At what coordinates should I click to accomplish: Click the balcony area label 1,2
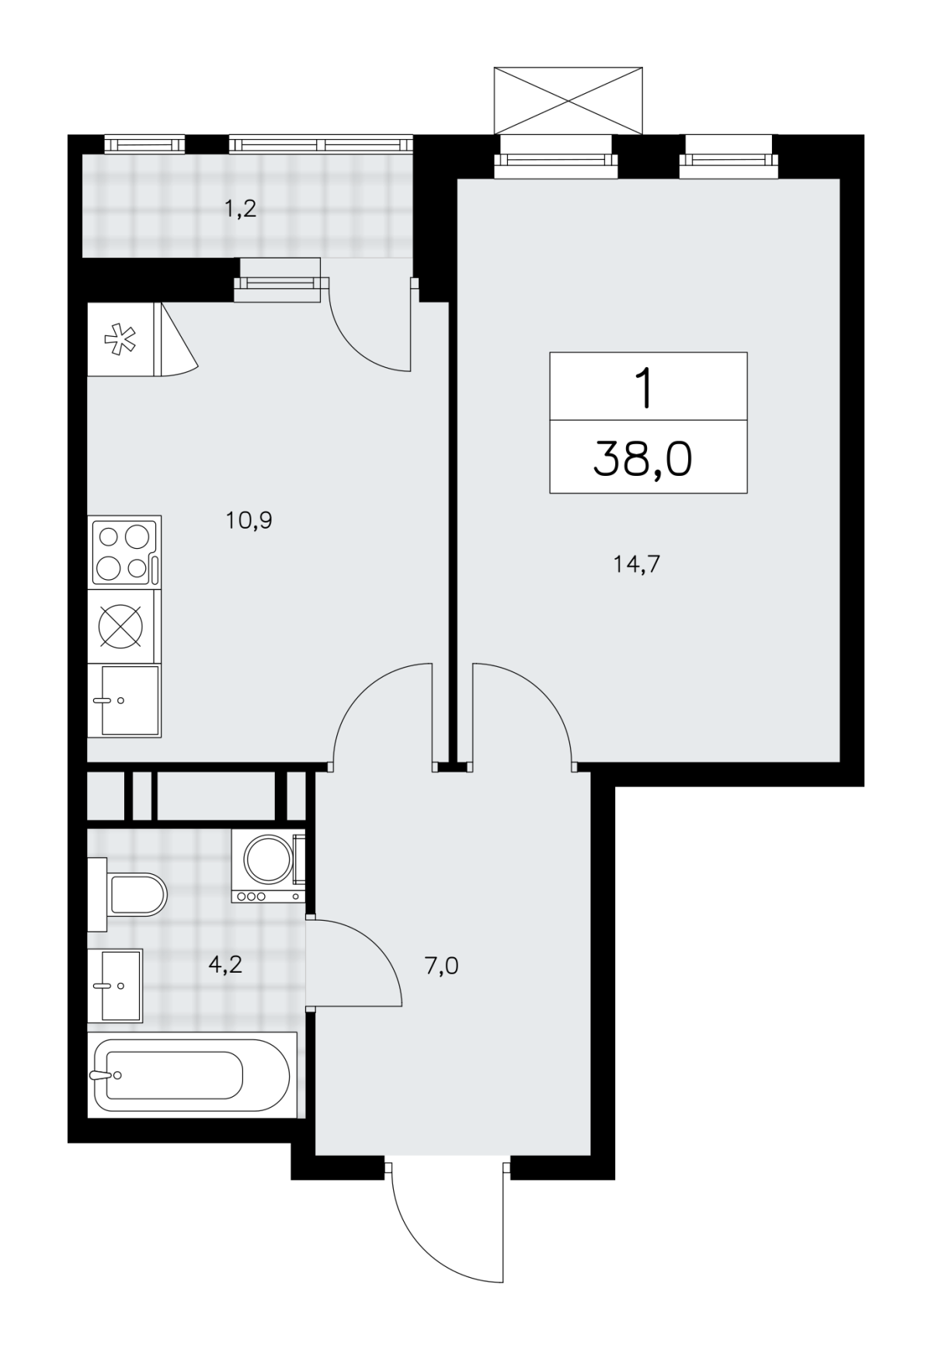point(240,209)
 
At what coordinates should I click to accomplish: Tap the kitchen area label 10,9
point(249,520)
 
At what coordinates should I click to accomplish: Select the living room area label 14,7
point(636,564)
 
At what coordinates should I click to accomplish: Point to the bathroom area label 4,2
point(225,964)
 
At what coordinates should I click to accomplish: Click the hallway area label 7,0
point(441,967)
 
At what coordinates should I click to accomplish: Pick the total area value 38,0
point(642,459)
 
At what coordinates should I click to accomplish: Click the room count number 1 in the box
point(645,389)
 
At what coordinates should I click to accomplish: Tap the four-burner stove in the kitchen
point(124,551)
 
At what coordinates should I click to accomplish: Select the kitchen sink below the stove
point(124,700)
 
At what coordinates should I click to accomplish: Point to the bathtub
point(192,1075)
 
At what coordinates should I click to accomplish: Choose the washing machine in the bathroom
point(268,866)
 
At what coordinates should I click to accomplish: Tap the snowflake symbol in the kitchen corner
point(121,339)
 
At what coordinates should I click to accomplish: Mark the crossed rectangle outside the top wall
point(569,100)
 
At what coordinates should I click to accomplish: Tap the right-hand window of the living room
point(728,158)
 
